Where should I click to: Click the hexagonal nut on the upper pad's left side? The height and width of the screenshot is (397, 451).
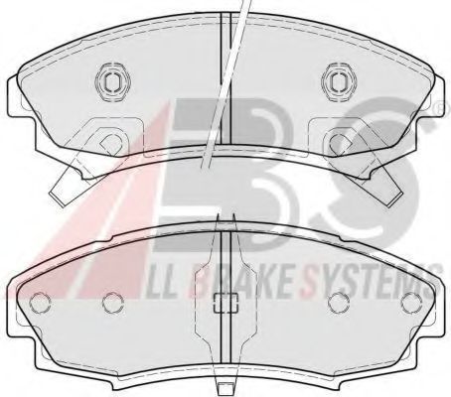112,80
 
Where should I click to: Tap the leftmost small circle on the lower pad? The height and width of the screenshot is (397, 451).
40,303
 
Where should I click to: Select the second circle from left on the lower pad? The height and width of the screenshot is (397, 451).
113,303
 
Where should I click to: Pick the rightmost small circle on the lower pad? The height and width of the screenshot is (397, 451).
412,303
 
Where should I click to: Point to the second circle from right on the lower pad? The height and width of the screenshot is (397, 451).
339,303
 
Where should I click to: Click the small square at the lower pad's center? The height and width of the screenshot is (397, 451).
226,303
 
